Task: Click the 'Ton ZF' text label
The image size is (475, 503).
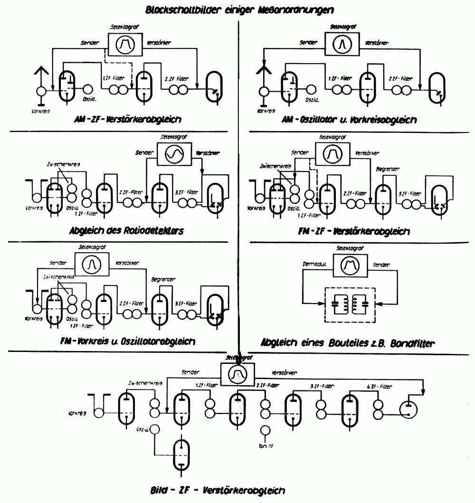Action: coord(265,446)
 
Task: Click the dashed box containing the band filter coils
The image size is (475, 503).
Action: coord(349,306)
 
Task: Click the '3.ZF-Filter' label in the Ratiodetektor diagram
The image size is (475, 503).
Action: coord(186,192)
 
